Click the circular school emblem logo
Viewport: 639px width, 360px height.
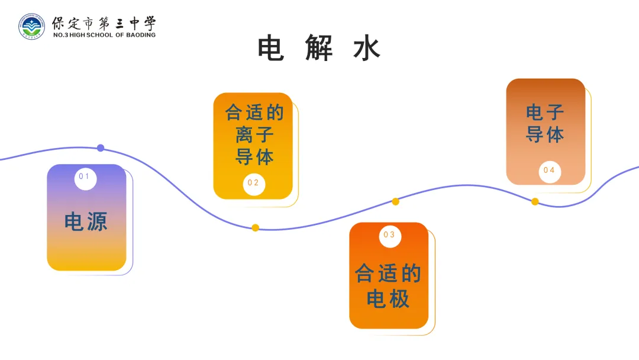pyautogui.click(x=31, y=26)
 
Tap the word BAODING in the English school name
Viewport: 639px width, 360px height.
pyautogui.click(x=141, y=35)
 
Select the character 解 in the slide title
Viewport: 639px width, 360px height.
pyautogui.click(x=319, y=49)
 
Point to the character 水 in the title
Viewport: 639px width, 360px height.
pyautogui.click(x=367, y=49)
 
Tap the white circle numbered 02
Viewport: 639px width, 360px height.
pyautogui.click(x=254, y=184)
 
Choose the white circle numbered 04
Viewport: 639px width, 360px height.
pyautogui.click(x=550, y=171)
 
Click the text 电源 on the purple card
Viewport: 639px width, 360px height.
pyautogui.click(x=86, y=222)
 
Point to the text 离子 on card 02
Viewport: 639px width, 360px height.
pyautogui.click(x=254, y=135)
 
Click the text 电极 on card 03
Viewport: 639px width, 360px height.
pyautogui.click(x=388, y=298)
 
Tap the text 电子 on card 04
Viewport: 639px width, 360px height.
pyautogui.click(x=545, y=112)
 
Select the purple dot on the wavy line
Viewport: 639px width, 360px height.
pyautogui.click(x=101, y=148)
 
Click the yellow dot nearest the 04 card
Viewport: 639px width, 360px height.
pyautogui.click(x=535, y=202)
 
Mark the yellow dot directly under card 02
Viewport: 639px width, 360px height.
pyautogui.click(x=256, y=228)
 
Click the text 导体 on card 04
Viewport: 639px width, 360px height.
pyautogui.click(x=545, y=134)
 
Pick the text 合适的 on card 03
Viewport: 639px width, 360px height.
pyautogui.click(x=388, y=274)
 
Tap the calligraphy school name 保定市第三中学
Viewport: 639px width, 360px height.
pyautogui.click(x=104, y=24)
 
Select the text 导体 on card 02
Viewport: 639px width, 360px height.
pyautogui.click(x=254, y=157)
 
